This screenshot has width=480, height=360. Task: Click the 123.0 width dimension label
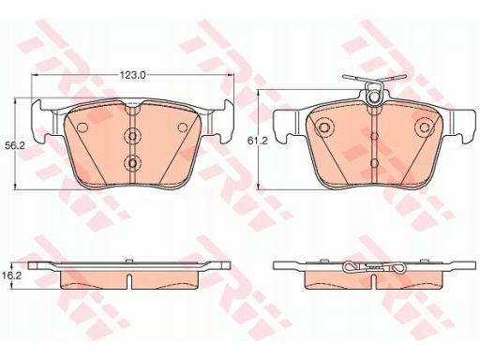coord(132,75)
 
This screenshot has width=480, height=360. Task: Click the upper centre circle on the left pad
coord(132,136)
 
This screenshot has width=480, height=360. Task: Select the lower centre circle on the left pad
coord(132,163)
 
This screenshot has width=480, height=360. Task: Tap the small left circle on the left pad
coord(82,127)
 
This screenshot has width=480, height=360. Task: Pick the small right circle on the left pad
coord(182,127)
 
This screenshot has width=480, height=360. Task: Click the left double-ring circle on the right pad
coord(324,127)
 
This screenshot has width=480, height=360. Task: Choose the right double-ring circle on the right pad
coord(425,127)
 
